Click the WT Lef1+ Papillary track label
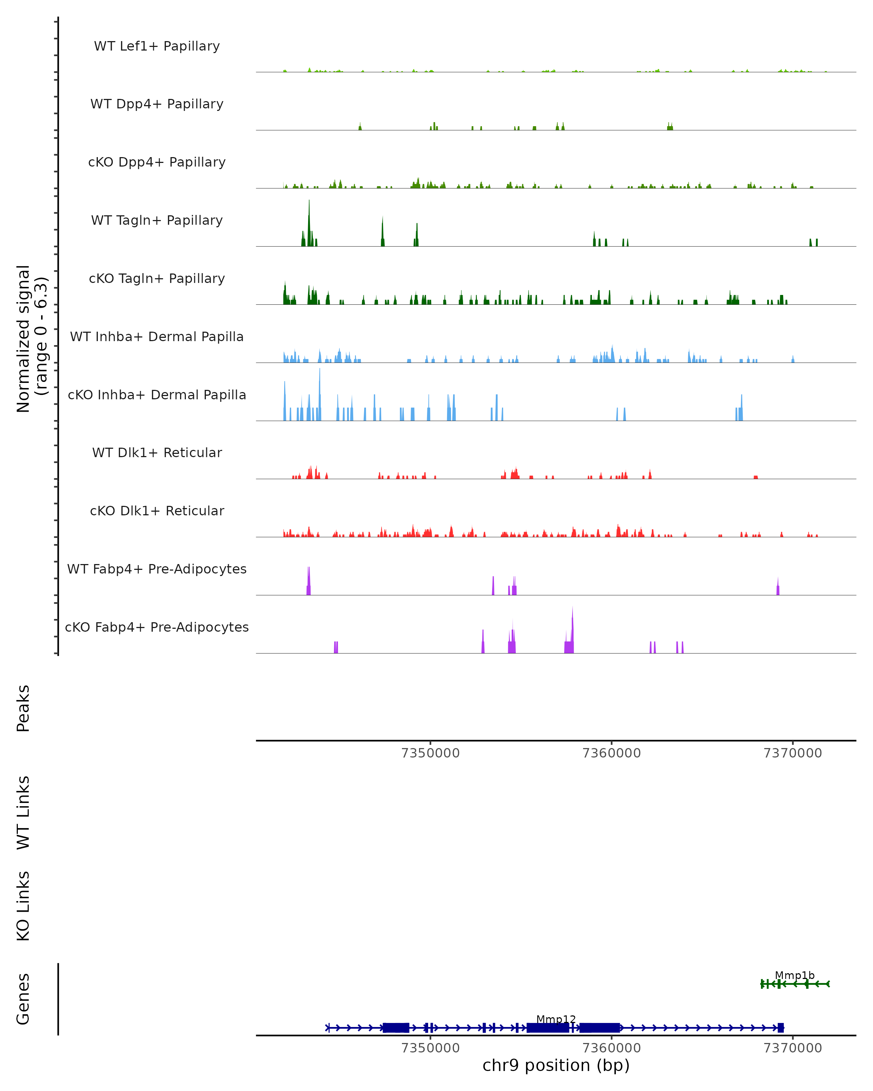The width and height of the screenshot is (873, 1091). [157, 46]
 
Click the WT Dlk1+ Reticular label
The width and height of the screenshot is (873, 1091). [157, 452]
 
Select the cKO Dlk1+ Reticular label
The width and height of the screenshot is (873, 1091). [157, 511]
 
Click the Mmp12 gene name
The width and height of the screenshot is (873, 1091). [556, 1019]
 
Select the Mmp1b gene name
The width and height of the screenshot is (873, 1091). [794, 975]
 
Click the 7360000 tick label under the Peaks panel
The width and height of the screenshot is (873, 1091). [611, 753]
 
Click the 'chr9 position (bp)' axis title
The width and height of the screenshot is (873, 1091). [556, 1065]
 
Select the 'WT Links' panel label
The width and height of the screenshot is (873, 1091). [23, 812]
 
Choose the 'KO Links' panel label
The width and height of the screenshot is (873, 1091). [23, 906]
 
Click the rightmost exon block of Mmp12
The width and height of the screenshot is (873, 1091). [780, 1028]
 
